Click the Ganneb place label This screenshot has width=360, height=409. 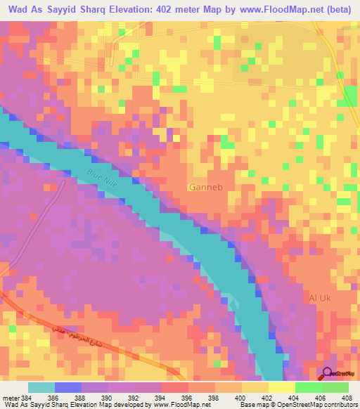pos(203,187)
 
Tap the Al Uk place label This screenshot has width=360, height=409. pos(320,298)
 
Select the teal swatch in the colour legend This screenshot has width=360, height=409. pos(41,387)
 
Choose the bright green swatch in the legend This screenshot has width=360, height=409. pos(308,387)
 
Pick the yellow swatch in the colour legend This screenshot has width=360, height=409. pos(255,387)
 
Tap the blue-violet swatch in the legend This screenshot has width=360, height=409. pos(68,387)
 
